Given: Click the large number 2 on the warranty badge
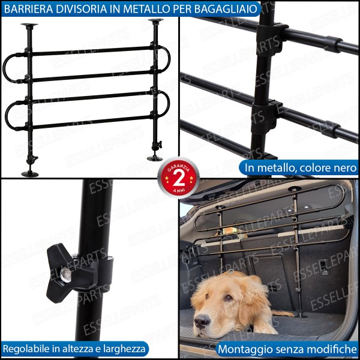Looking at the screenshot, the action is [x=179, y=178].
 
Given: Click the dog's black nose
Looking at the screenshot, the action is [x=202, y=320].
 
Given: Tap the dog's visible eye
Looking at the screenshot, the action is [x=228, y=298].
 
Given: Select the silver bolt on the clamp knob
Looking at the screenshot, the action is [x=65, y=275].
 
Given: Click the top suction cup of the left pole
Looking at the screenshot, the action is [x=29, y=25].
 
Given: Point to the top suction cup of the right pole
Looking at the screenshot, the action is [x=155, y=20].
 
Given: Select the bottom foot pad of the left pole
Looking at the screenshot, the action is [x=30, y=174].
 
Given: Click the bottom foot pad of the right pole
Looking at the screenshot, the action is [x=155, y=158].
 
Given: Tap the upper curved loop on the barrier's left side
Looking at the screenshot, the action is [x=5, y=68].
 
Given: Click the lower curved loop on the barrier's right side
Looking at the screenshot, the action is [x=168, y=103].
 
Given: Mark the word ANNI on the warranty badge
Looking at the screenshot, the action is [x=179, y=190].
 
